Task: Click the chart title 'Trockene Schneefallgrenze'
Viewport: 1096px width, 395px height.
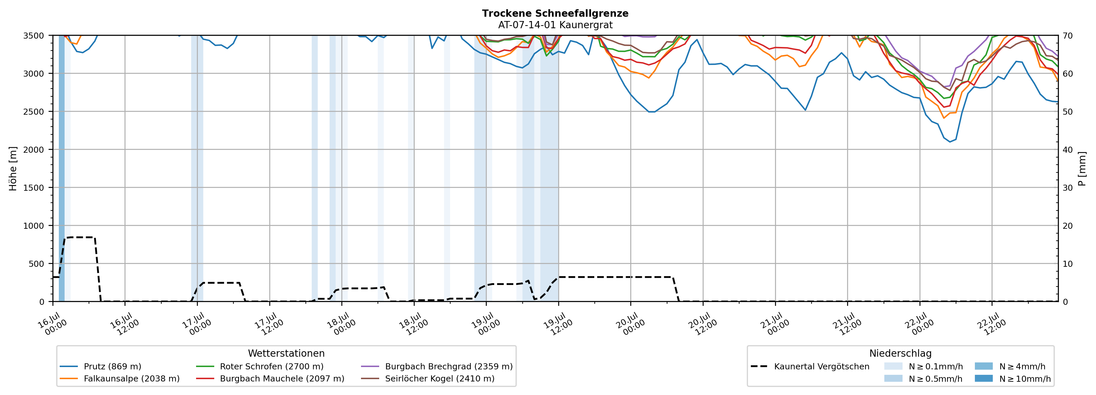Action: [x=555, y=13]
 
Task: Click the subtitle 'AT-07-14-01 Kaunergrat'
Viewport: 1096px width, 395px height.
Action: [x=555, y=25]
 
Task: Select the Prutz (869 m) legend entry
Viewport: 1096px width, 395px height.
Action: [x=100, y=366]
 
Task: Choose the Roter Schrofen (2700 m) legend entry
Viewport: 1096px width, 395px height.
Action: [x=260, y=366]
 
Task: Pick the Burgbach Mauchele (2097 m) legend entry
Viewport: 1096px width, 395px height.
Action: [x=270, y=378]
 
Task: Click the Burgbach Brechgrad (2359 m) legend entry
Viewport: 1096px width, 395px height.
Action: [x=437, y=366]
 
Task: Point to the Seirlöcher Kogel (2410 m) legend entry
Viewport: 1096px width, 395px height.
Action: [x=428, y=378]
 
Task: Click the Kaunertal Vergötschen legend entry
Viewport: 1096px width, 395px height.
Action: [x=810, y=366]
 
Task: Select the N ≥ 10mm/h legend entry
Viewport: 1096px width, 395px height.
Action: [x=1013, y=378]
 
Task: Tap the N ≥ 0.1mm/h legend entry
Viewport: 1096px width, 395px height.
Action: [x=924, y=366]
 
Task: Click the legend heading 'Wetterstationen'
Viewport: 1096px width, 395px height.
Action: [x=286, y=353]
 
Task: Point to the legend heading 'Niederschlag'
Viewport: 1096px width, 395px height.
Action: [x=900, y=353]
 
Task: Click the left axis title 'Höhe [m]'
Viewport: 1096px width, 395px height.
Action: [x=13, y=168]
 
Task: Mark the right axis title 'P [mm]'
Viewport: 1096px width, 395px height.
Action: [x=1082, y=168]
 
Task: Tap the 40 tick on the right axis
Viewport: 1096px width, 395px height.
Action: [x=1067, y=150]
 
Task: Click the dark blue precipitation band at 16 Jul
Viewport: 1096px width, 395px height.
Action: [x=62, y=168]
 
